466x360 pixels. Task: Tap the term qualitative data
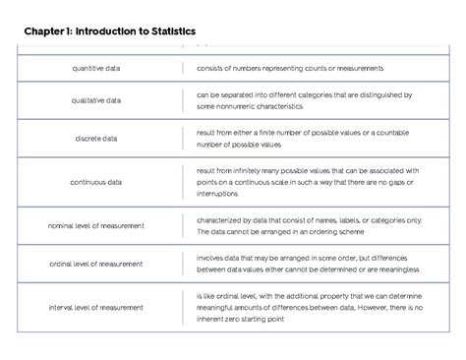[x=96, y=100]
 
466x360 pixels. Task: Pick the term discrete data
[x=96, y=139]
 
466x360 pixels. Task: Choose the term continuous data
[x=96, y=182]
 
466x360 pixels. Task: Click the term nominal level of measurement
[x=96, y=225]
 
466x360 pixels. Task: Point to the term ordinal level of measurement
[x=96, y=264]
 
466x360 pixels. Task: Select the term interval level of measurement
[x=96, y=307]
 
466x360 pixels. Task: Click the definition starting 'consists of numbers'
[x=290, y=68]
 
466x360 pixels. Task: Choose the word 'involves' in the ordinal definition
[x=211, y=259]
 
